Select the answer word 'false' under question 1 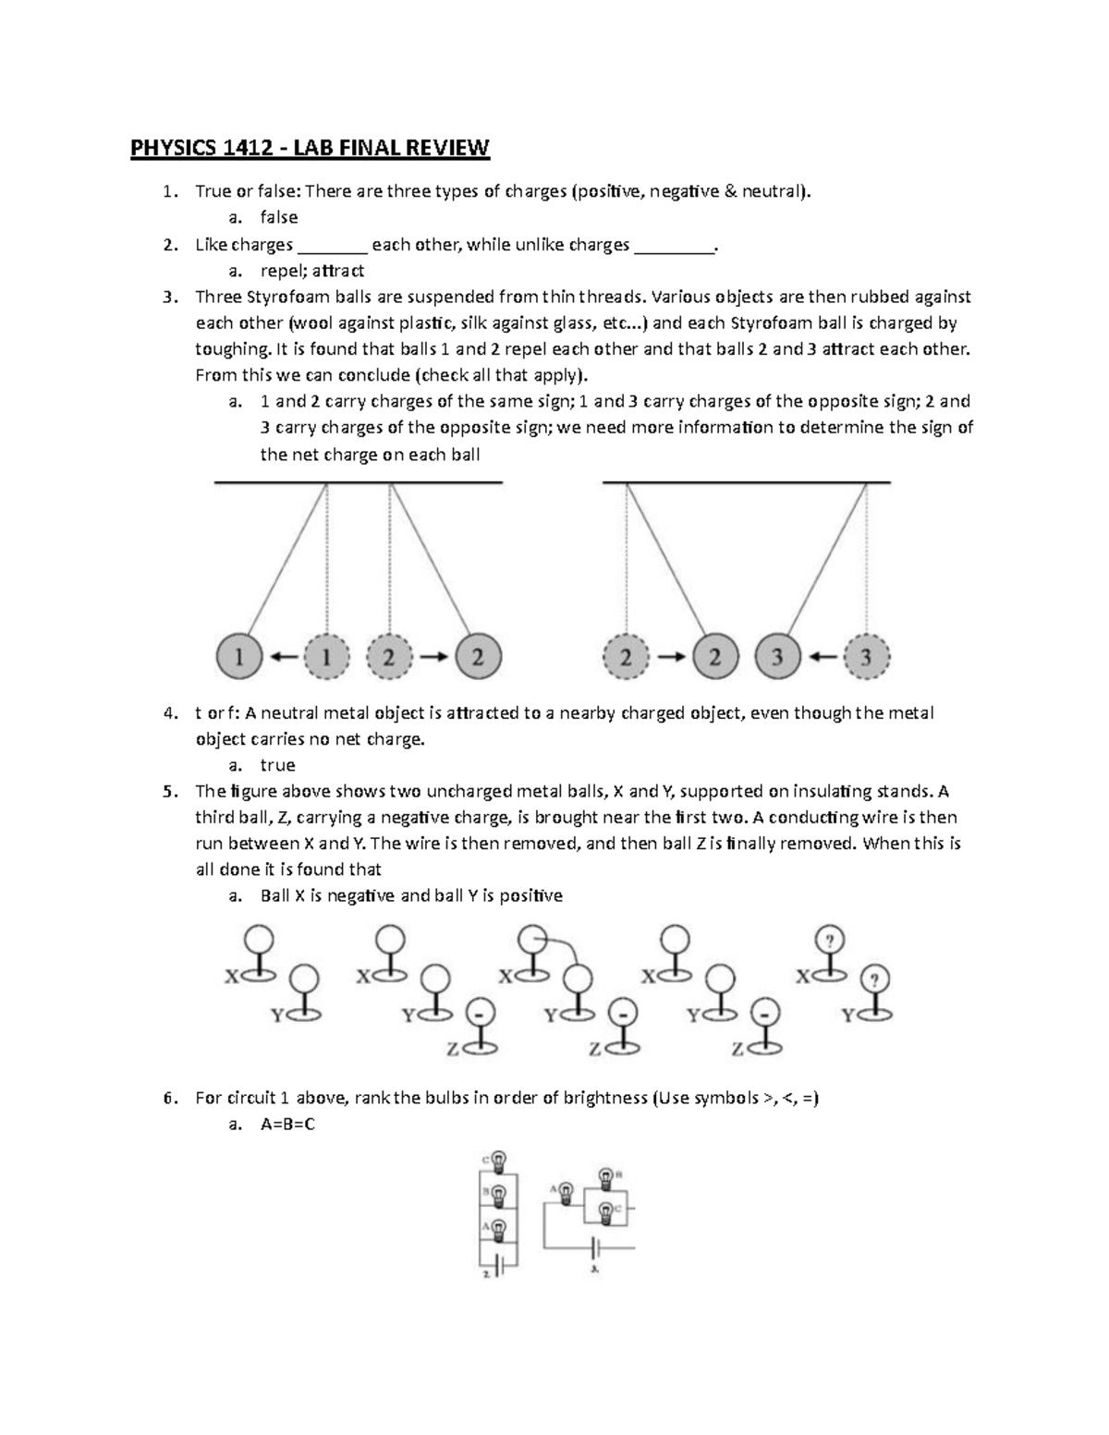coord(279,217)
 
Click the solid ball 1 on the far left coord(239,658)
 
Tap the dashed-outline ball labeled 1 coord(324,658)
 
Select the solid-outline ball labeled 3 coord(778,658)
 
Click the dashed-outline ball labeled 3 coord(866,658)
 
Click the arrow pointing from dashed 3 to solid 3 coord(822,658)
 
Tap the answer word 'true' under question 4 coord(278,765)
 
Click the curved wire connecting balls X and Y coord(565,947)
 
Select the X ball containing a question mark coord(831,941)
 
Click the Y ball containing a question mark coord(874,978)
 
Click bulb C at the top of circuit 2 coord(498,1160)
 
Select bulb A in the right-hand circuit coord(567,1189)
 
